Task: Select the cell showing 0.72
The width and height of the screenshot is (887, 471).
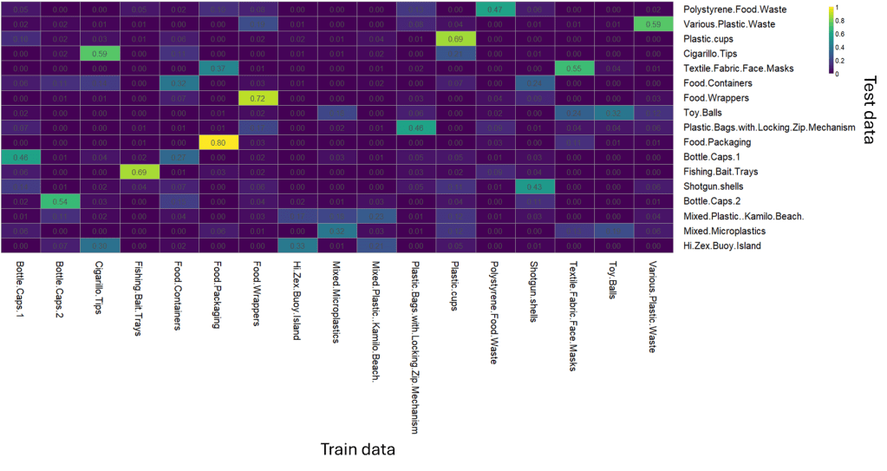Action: click(x=257, y=98)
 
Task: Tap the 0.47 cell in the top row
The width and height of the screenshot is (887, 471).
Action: click(x=494, y=10)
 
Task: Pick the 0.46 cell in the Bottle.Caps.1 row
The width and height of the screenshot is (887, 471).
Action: click(x=21, y=157)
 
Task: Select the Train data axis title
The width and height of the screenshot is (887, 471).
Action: click(x=358, y=449)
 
